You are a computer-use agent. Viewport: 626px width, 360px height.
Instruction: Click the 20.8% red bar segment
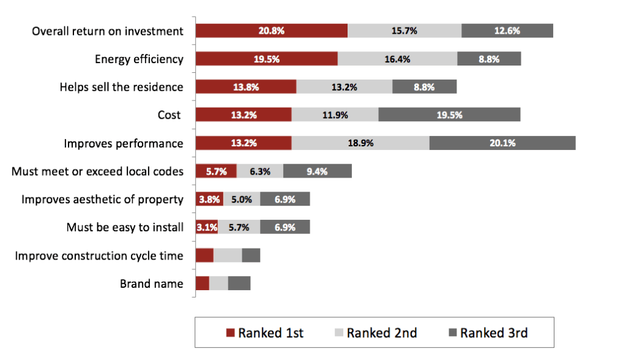point(271,31)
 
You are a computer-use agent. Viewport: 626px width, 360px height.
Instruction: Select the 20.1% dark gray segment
point(502,143)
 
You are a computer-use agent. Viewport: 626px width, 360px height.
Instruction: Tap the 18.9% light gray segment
point(360,143)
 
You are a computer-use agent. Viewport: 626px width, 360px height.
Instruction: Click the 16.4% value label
point(397,59)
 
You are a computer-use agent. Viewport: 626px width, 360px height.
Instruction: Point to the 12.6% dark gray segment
point(507,31)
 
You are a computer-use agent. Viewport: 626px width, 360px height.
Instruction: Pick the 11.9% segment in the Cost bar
point(335,115)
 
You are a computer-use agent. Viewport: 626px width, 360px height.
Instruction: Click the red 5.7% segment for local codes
point(216,171)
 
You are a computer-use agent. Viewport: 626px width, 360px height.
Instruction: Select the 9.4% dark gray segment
point(317,171)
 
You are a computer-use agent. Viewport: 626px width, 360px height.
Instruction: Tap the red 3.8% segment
point(209,200)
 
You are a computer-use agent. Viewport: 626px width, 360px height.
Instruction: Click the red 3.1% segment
point(207,227)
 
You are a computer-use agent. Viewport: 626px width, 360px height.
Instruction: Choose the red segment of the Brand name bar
point(202,283)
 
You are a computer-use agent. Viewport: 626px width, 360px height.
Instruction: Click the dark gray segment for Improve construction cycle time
point(251,255)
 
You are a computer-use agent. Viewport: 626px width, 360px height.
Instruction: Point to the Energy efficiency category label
point(139,59)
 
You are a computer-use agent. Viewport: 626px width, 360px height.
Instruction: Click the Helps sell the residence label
point(121,87)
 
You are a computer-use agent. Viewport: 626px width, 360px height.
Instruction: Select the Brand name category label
point(151,283)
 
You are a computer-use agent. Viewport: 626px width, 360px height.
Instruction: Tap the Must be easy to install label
point(125,227)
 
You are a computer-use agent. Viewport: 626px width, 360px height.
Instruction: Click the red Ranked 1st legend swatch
point(230,334)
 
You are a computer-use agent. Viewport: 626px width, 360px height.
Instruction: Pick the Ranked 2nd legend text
point(382,334)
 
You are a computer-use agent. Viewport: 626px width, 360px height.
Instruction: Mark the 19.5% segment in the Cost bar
point(449,115)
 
